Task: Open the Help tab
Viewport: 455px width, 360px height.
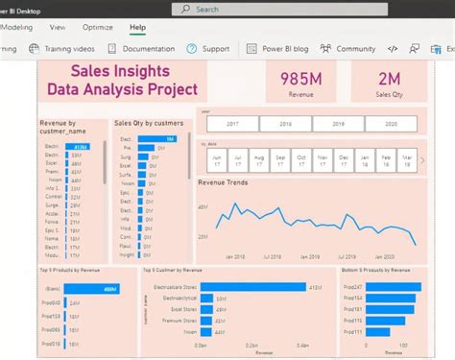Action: (137, 28)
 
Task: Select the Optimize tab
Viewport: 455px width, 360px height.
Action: (97, 28)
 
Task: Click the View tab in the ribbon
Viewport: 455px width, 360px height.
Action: (58, 28)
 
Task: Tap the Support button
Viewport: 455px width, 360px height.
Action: (208, 48)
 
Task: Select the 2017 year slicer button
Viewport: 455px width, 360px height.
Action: (231, 124)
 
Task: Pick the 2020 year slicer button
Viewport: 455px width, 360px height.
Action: (389, 124)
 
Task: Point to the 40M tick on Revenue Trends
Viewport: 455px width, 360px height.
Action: (203, 206)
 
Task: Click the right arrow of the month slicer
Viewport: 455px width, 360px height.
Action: (422, 160)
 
